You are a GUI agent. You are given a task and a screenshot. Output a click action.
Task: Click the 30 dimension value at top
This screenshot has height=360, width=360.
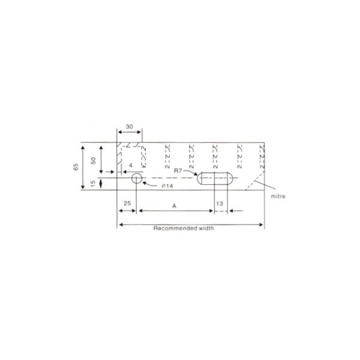(129, 127)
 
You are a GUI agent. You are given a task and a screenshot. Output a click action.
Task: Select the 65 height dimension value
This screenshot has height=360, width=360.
(76, 167)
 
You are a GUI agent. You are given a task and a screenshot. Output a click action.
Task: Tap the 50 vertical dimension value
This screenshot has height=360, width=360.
(93, 160)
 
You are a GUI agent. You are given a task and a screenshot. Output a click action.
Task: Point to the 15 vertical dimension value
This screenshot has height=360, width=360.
(93, 184)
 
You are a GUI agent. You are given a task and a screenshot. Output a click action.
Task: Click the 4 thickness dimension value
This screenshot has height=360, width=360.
(131, 166)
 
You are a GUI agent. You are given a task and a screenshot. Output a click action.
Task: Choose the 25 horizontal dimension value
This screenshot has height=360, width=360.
(127, 203)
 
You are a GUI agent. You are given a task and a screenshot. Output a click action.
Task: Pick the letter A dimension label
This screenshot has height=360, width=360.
(174, 206)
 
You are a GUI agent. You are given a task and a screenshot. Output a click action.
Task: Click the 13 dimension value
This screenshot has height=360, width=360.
(220, 203)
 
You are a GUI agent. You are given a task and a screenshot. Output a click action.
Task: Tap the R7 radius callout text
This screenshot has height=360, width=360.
(178, 170)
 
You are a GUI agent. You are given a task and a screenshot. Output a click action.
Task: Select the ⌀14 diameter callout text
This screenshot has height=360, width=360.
(167, 186)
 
